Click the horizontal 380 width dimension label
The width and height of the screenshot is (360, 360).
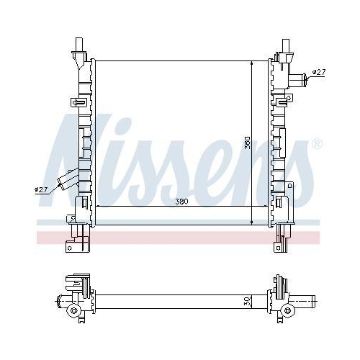click(181, 202)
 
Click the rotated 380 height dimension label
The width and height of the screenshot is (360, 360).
click(247, 143)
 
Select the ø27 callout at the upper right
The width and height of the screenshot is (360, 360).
click(319, 72)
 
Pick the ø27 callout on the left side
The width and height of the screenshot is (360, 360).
click(41, 189)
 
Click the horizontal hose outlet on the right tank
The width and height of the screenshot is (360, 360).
click(298, 79)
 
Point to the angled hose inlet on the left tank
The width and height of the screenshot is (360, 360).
click(68, 180)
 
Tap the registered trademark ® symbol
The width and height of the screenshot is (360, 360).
click(317, 143)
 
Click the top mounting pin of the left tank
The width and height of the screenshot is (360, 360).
click(79, 45)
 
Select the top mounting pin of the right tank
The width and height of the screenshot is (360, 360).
click(286, 45)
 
